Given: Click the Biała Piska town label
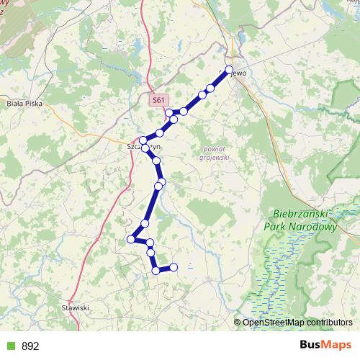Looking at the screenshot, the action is click(24, 104).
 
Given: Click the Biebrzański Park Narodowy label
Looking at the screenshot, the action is click(305, 220).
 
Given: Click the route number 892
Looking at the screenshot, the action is click(30, 346).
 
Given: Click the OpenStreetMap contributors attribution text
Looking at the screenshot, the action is click(297, 322).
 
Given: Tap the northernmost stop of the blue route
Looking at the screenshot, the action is click(230, 70).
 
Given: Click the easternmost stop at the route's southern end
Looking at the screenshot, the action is click(174, 268).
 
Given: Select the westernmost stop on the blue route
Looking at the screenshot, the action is click(131, 239).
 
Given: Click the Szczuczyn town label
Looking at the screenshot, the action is click(144, 146).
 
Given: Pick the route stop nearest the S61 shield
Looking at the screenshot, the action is click(168, 112).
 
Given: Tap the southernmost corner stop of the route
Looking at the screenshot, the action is click(156, 271).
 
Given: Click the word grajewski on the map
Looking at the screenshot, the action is click(215, 156).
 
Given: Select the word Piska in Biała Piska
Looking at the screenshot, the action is click(33, 104).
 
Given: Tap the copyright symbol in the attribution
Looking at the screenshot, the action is click(238, 322).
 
